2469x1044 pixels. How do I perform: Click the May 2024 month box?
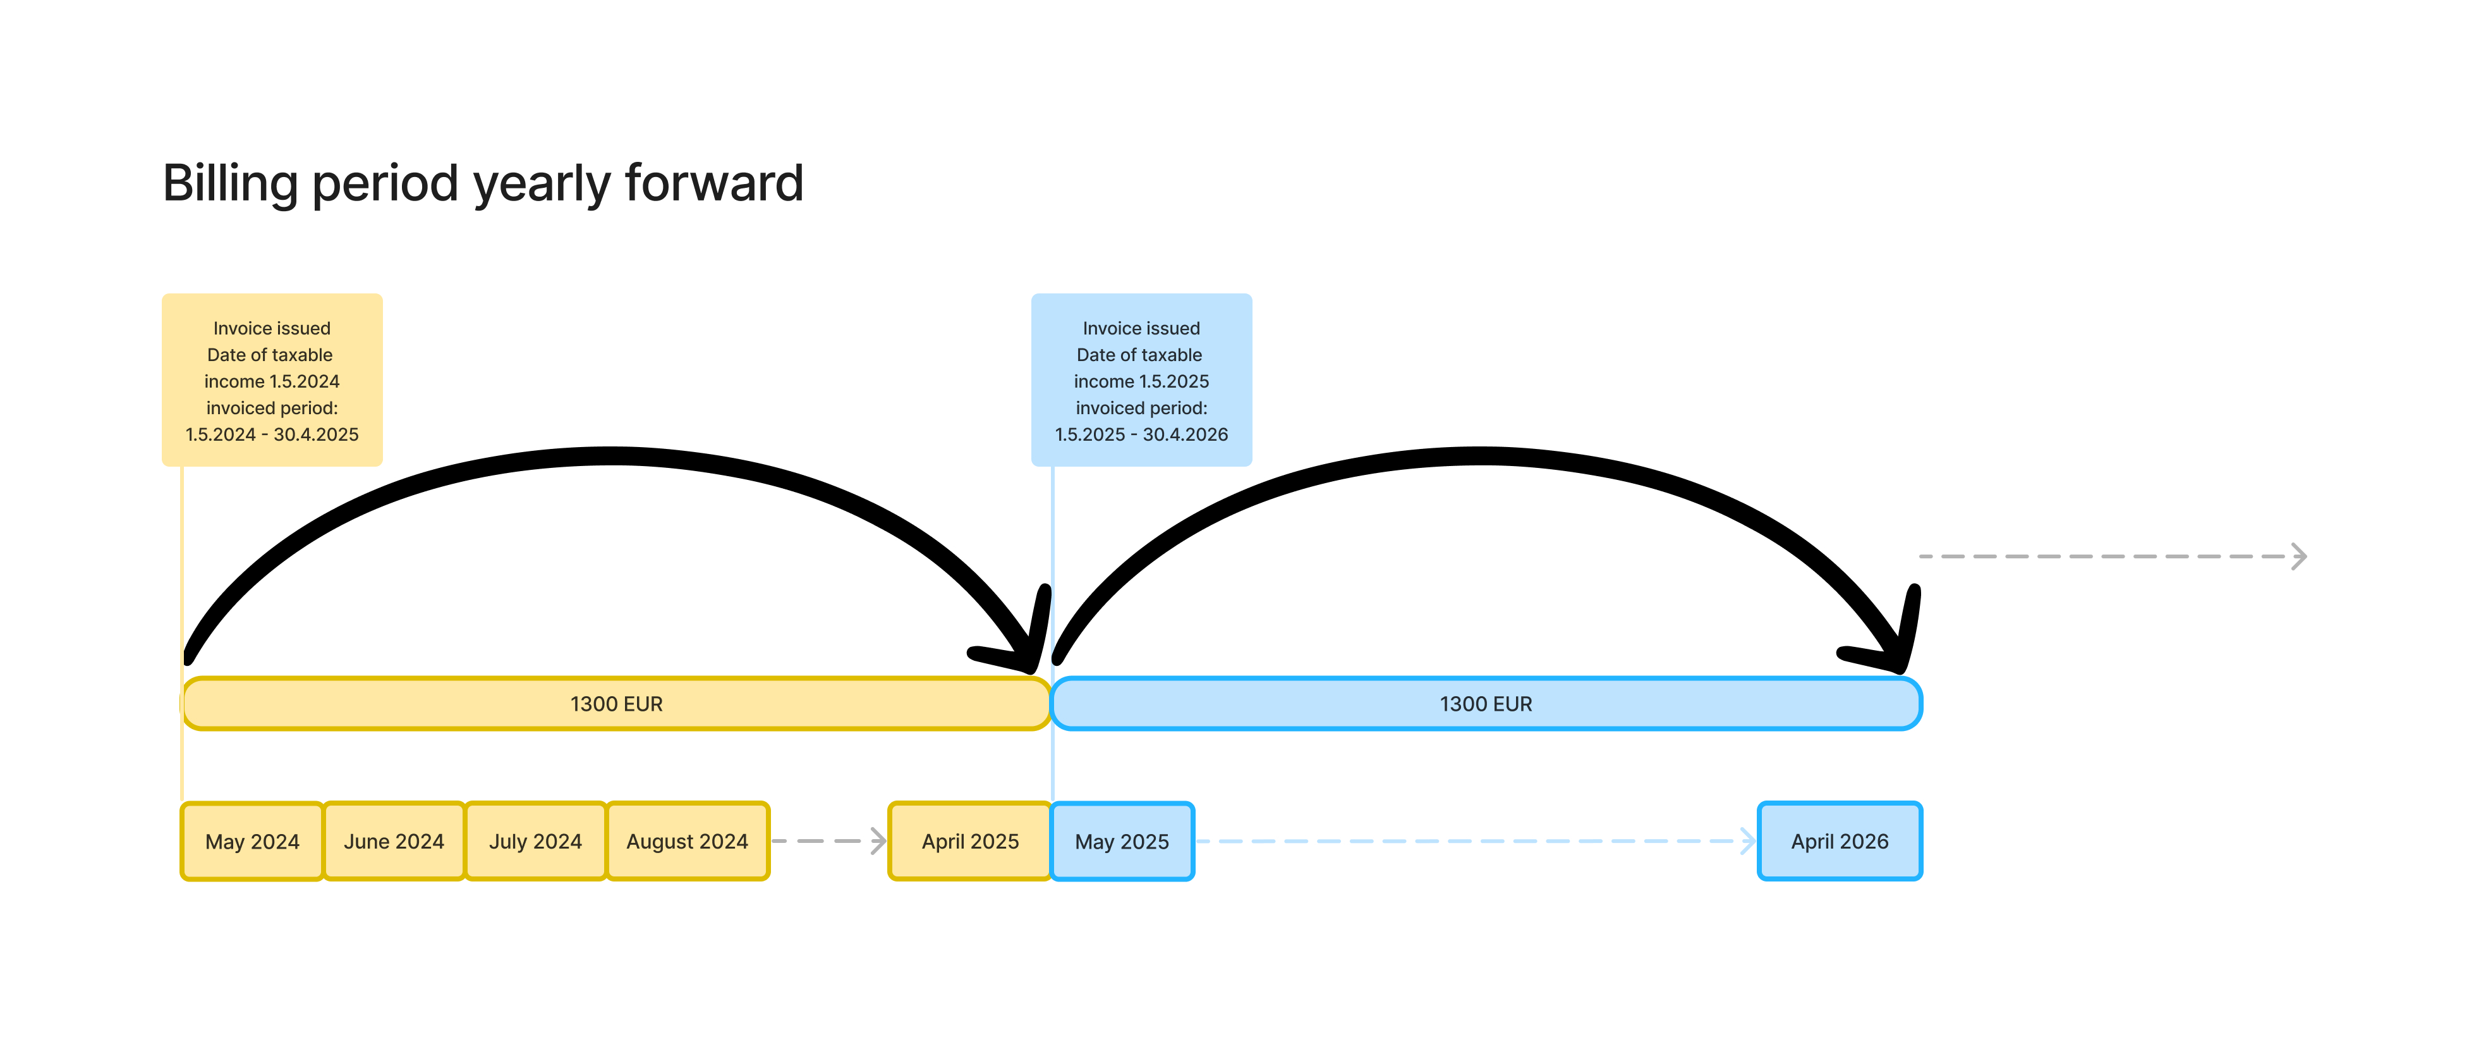pyautogui.click(x=252, y=841)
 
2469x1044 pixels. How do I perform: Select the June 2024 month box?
pyautogui.click(x=394, y=841)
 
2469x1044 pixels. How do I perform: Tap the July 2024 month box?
pyautogui.click(x=536, y=841)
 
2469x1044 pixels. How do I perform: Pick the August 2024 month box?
pyautogui.click(x=687, y=841)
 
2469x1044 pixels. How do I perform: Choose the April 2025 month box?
pyautogui.click(x=970, y=841)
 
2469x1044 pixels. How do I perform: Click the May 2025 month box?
pyautogui.click(x=1122, y=841)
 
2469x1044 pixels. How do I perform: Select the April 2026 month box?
pyautogui.click(x=1840, y=841)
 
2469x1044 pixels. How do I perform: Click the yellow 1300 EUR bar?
pyautogui.click(x=616, y=704)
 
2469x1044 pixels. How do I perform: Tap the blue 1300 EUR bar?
pyautogui.click(x=1486, y=704)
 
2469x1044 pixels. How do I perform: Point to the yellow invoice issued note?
pyautogui.click(x=272, y=379)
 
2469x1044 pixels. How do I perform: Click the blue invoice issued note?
pyautogui.click(x=1141, y=379)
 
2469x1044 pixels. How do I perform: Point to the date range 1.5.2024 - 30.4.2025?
pyautogui.click(x=272, y=434)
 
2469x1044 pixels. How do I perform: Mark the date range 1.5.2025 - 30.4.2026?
pyautogui.click(x=1141, y=434)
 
